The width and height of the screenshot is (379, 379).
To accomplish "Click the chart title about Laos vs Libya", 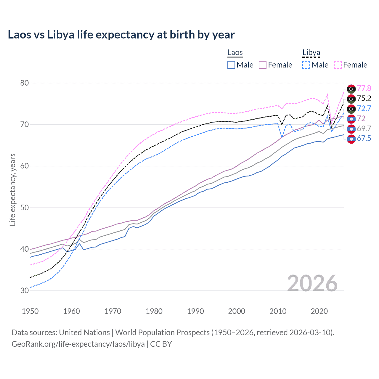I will [121, 35].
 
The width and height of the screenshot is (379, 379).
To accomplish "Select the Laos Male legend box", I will [231, 65].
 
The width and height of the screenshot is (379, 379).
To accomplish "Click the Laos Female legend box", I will [263, 65].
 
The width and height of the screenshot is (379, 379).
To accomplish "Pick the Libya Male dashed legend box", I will [306, 65].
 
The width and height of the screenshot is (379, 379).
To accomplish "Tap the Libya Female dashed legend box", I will [338, 65].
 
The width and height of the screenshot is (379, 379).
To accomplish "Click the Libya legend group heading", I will [311, 53].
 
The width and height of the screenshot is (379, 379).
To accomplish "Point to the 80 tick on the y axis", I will [25, 83].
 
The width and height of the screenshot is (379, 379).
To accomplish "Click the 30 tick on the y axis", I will [25, 290].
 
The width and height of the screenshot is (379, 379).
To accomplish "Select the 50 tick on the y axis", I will [25, 208].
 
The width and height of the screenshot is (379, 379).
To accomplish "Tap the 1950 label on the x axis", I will [30, 311].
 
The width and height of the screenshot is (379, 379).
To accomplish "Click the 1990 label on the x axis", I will [195, 311].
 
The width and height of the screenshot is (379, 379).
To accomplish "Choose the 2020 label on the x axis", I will [319, 311].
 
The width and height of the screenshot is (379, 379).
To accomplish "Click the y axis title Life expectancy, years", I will [13, 189].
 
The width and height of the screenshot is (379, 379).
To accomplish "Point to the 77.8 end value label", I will [364, 89].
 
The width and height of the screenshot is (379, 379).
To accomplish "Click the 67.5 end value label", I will [364, 139].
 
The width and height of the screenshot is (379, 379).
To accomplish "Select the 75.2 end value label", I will [364, 99].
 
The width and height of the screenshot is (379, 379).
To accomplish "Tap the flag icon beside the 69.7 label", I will [351, 129].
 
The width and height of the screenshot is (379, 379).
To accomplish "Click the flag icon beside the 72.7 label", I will [351, 109].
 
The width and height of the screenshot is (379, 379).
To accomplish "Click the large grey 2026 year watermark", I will [312, 284].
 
